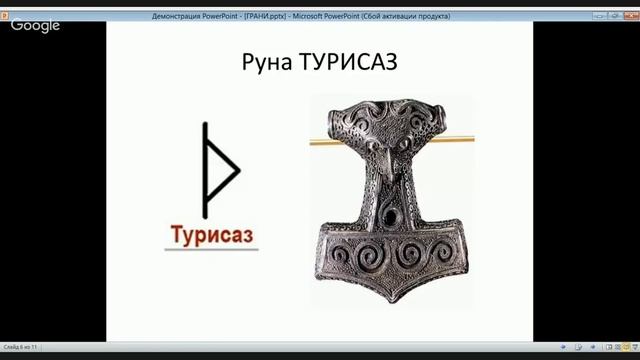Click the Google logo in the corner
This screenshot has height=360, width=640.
tap(36, 24)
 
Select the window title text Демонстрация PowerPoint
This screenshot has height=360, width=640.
tap(195, 16)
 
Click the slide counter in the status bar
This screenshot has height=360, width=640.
tap(20, 346)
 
